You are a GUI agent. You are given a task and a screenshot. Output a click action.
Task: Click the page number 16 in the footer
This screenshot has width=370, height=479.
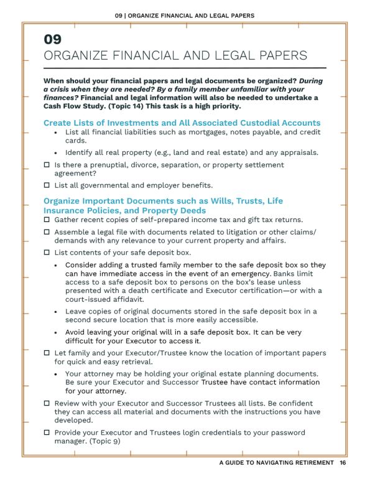tap(343, 463)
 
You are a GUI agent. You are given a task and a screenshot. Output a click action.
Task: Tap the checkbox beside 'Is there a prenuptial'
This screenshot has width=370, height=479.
tap(47, 165)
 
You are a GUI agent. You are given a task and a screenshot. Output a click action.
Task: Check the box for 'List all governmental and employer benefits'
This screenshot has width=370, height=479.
tap(47, 185)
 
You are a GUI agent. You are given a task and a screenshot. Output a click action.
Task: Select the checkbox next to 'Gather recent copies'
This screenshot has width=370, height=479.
tap(47, 220)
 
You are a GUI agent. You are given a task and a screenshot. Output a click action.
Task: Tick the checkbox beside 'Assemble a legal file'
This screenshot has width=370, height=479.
tap(47, 232)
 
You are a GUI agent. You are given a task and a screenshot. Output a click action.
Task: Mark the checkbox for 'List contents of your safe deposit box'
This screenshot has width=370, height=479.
tap(47, 253)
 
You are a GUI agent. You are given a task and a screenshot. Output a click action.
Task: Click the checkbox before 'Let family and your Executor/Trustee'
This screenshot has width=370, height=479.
tap(47, 353)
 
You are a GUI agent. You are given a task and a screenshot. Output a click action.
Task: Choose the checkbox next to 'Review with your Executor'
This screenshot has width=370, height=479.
tap(47, 404)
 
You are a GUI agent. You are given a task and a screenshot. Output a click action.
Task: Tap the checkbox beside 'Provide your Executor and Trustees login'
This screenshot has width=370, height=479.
tap(47, 432)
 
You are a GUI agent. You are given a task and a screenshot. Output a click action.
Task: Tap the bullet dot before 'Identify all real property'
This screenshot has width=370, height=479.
tap(57, 153)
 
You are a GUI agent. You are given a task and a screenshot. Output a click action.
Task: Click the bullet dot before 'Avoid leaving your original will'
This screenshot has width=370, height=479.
tap(57, 333)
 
